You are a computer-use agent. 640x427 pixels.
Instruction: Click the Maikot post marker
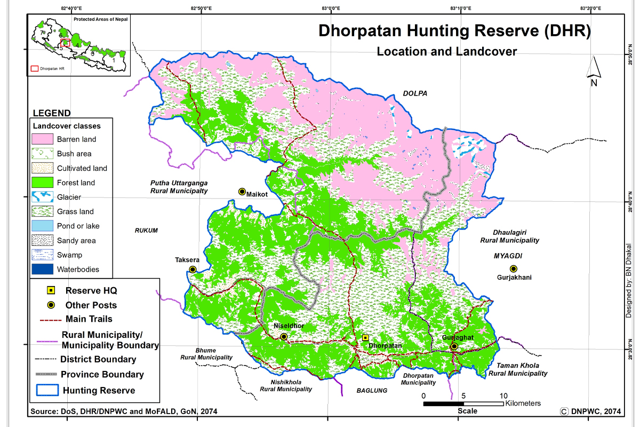[242, 192]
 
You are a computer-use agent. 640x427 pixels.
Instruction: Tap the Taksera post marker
[193, 270]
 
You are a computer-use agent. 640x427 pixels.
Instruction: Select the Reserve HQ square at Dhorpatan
[365, 337]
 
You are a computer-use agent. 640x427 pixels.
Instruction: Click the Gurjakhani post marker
[513, 268]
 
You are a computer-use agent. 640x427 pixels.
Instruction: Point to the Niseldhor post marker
[284, 337]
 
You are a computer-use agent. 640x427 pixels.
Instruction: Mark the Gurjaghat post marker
[454, 346]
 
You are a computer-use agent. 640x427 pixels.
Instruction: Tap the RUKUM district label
[146, 231]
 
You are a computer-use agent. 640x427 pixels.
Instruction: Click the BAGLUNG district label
[372, 391]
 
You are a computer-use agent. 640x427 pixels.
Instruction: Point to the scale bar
[463, 404]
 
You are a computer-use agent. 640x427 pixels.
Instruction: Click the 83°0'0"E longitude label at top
[331, 8]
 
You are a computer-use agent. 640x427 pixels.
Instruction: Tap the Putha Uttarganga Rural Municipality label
[179, 186]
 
